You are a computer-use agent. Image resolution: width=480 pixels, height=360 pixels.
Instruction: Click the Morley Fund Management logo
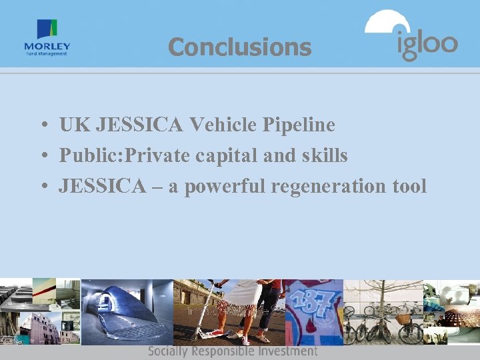pyautogui.click(x=47, y=38)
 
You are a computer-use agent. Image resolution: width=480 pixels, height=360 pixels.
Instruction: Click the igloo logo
pyautogui.click(x=411, y=36)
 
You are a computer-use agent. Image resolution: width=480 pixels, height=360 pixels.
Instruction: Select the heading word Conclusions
pyautogui.click(x=239, y=47)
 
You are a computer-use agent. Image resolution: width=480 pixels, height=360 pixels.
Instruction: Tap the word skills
pyautogui.click(x=324, y=155)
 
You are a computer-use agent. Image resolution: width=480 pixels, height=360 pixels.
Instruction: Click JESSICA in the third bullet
pyautogui.click(x=101, y=187)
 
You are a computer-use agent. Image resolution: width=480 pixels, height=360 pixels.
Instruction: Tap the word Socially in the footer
pyautogui.click(x=168, y=351)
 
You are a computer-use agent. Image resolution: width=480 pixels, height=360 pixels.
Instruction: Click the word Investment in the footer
pyautogui.click(x=287, y=351)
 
